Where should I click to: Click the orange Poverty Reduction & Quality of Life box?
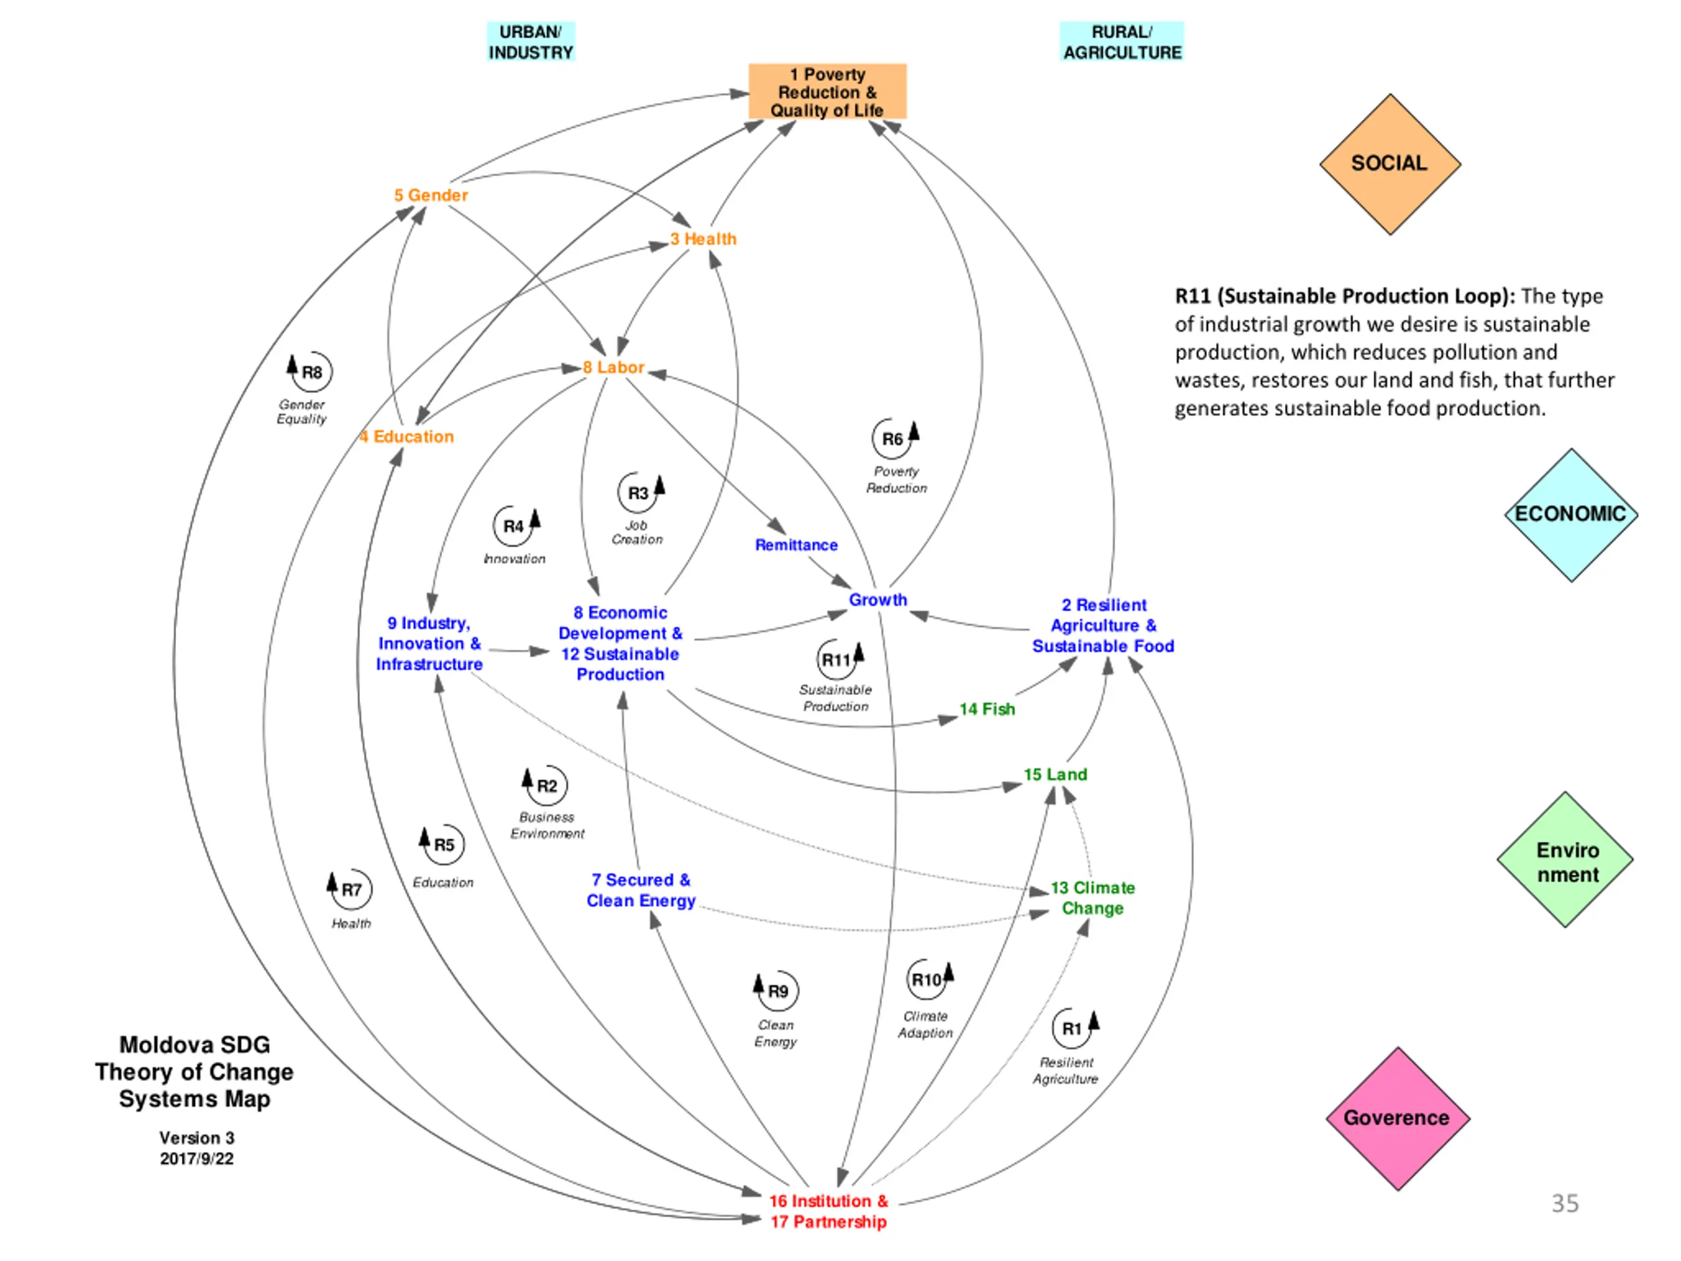827,91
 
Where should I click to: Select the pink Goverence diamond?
1397,1118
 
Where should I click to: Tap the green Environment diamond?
1565,860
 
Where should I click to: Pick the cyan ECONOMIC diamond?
1571,515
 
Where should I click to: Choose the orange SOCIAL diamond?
1390,164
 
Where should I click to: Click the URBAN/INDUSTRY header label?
531,42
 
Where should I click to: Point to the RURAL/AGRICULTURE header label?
1122,42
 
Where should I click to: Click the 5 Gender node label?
431,195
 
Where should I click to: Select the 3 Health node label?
703,238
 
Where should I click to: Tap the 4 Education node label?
406,436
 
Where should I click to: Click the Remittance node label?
797,545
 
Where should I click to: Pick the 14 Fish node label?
987,709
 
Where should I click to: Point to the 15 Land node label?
1056,774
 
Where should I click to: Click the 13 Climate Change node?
1093,898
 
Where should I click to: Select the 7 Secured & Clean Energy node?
641,890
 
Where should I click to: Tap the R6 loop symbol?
895,439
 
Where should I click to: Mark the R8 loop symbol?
309,372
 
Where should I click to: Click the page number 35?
1565,1203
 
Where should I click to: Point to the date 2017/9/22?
197,1159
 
